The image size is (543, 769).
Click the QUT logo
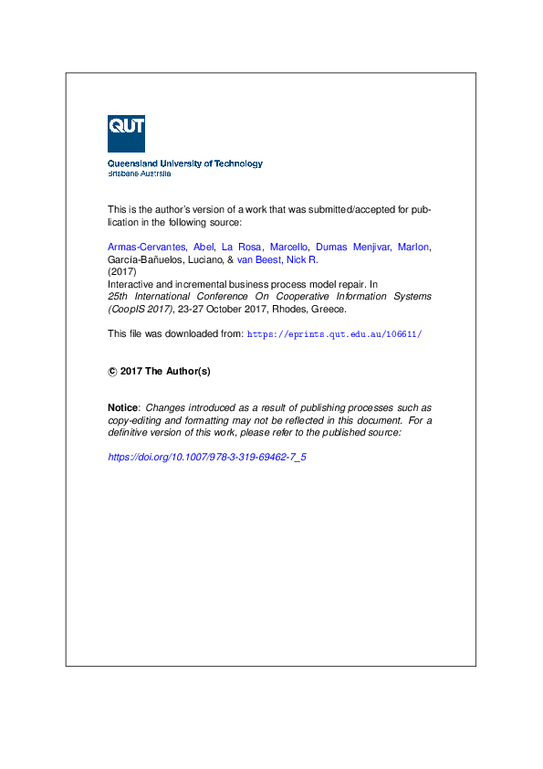126,133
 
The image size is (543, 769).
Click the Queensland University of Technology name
185,163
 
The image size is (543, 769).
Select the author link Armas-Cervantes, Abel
160,247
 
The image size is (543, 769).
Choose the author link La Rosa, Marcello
265,247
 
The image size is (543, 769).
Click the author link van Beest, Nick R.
277,259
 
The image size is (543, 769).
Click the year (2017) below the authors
121,272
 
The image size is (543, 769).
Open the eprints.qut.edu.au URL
334,334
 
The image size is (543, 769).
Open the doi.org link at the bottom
207,457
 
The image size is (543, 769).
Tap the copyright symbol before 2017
112,372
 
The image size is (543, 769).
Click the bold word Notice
123,407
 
